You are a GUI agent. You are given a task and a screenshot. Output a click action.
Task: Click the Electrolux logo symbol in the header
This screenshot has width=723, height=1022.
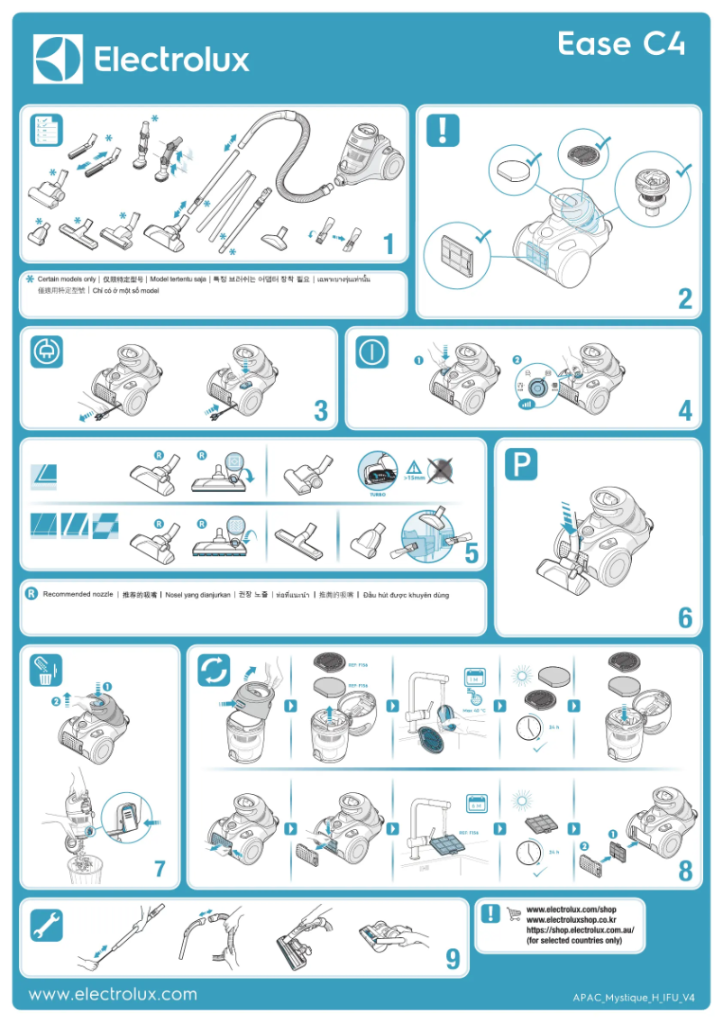click(x=58, y=59)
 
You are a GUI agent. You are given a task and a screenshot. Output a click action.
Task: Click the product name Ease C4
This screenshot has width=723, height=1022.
click(x=620, y=44)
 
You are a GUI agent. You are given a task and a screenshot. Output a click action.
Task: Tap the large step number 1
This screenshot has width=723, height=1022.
click(x=389, y=244)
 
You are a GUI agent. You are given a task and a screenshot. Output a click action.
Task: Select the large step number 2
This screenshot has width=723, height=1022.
click(x=685, y=299)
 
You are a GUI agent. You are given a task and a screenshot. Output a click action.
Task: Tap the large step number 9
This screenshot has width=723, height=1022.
click(x=453, y=961)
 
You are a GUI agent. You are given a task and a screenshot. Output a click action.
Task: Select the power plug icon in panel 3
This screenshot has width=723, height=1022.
click(x=44, y=353)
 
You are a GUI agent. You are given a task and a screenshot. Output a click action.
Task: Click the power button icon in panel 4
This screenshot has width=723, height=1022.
click(x=371, y=353)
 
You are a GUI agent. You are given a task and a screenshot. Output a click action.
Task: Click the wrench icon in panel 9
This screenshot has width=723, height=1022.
click(x=45, y=923)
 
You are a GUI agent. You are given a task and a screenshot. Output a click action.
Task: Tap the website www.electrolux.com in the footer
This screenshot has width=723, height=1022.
click(x=113, y=995)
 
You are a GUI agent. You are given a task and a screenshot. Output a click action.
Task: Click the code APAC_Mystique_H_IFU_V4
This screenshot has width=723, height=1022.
click(x=634, y=999)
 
